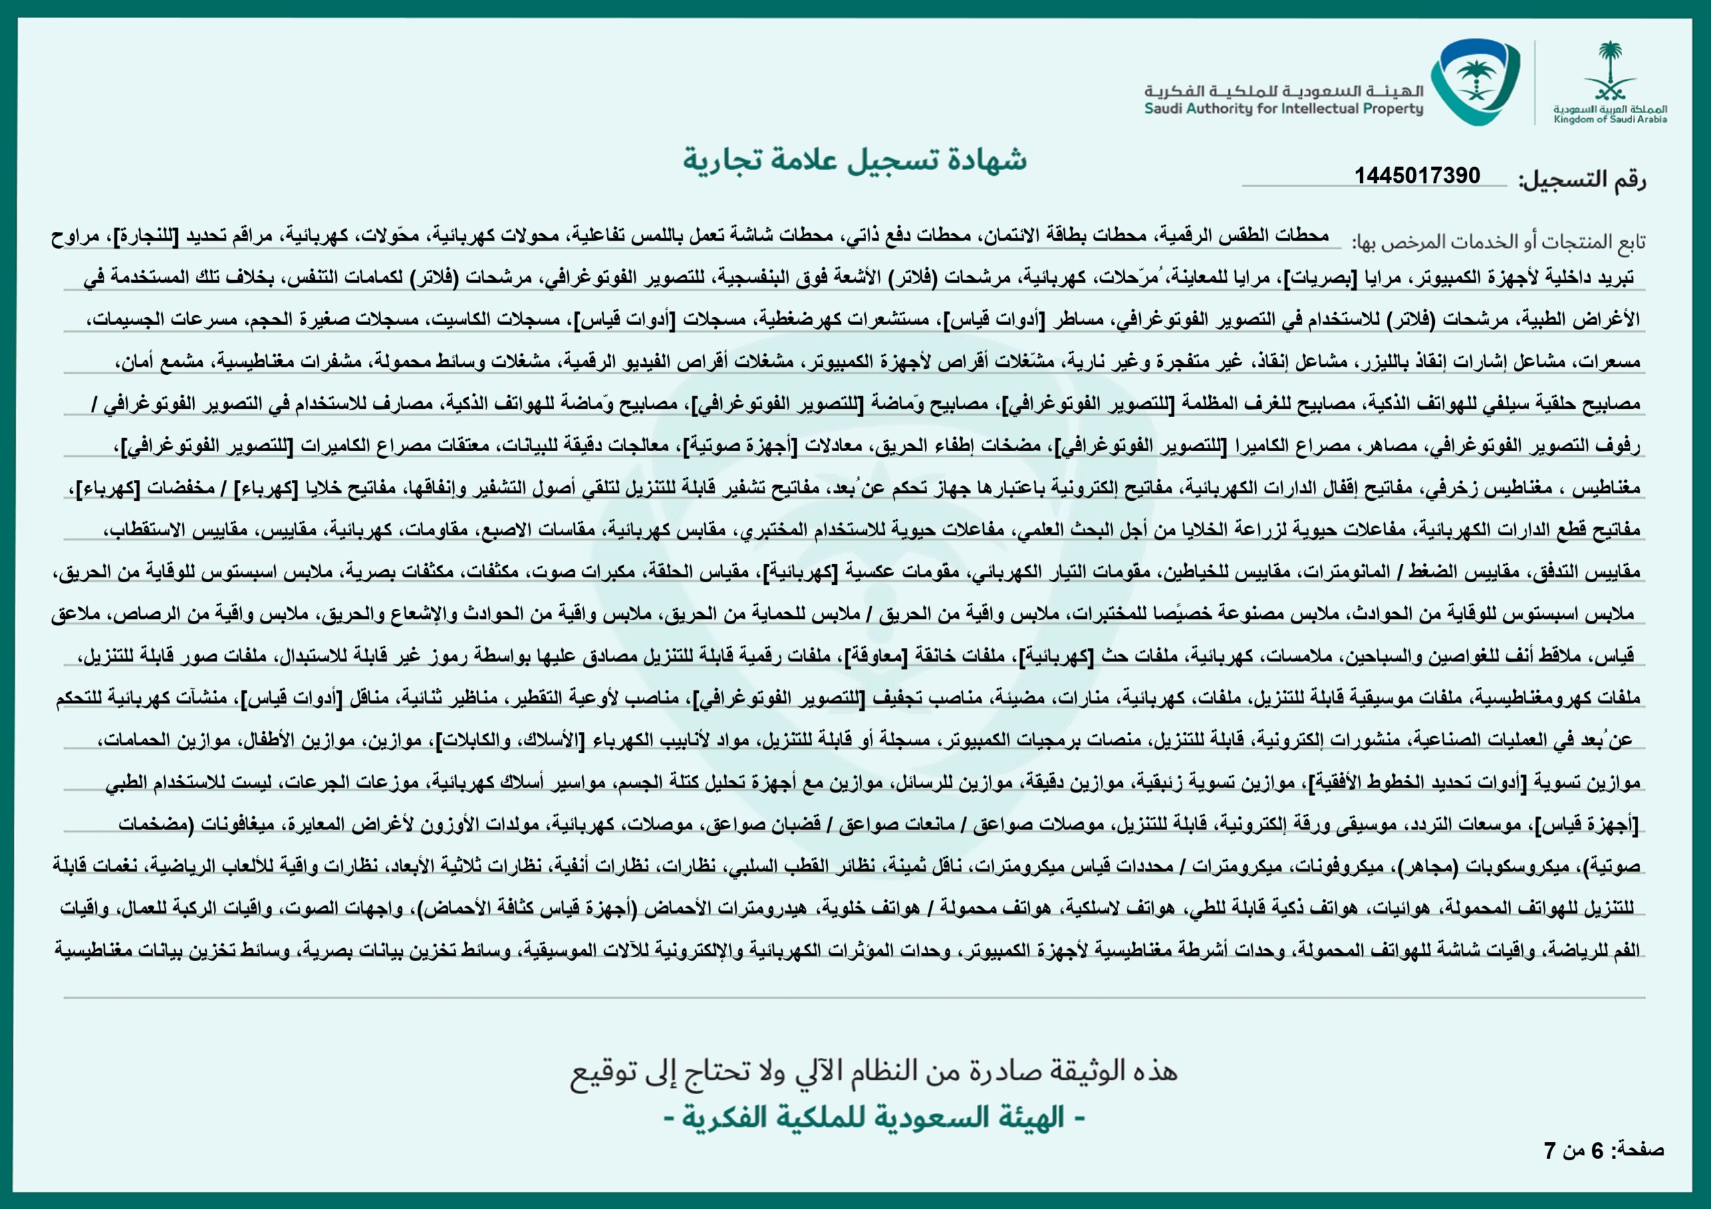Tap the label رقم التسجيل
[x=1581, y=180]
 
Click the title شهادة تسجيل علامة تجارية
[x=855, y=160]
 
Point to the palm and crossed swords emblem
[x=1609, y=71]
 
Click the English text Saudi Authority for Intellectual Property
[x=1283, y=110]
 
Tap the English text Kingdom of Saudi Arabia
[x=1609, y=119]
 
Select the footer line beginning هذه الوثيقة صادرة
[x=874, y=1071]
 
